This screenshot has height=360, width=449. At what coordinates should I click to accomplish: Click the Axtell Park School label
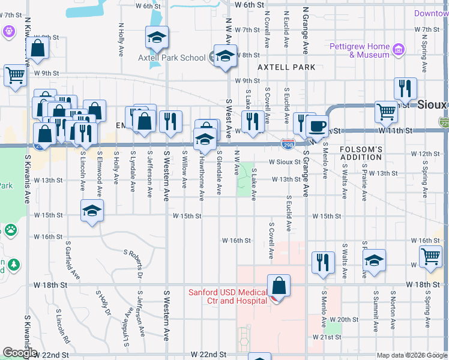tap(172, 58)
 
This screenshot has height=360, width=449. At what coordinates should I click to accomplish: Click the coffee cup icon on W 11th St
tap(317, 126)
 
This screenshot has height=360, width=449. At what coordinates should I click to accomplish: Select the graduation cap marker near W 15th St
tap(92, 211)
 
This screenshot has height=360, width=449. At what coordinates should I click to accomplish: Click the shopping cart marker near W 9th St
tap(16, 76)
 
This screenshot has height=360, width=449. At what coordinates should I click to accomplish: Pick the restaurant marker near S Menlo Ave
tap(323, 262)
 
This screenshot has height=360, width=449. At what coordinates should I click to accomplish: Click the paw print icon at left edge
tap(10, 230)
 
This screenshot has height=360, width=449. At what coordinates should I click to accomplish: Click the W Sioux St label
tap(284, 162)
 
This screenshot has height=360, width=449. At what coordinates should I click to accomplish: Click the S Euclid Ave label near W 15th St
tap(289, 214)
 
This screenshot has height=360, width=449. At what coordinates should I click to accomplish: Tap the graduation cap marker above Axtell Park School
tap(156, 38)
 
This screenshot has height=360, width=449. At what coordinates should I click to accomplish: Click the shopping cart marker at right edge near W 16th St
tap(431, 256)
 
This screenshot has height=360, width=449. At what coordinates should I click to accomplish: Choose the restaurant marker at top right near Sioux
tap(406, 88)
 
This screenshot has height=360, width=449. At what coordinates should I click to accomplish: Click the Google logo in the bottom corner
tap(19, 353)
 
